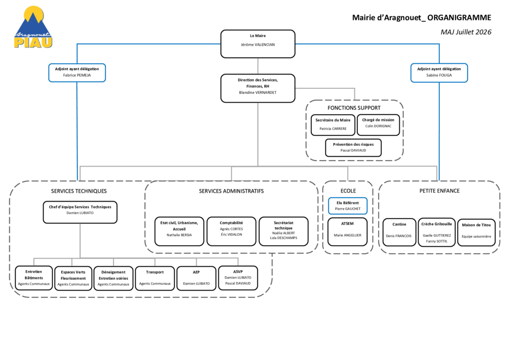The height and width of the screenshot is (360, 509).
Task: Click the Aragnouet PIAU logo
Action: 33,27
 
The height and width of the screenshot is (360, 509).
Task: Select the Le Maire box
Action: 258,44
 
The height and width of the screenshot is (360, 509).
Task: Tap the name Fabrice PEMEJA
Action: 77,75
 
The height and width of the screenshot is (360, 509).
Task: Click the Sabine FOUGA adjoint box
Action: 439,73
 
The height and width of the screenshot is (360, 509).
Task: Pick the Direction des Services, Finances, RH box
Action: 258,88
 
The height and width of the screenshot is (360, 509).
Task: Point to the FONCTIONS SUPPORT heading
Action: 354,108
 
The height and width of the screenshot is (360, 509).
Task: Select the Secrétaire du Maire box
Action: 333,125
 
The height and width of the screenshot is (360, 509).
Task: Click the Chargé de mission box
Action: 378,125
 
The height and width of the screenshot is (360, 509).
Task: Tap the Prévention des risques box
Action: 353,148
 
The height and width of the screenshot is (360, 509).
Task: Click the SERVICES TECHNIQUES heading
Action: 79,191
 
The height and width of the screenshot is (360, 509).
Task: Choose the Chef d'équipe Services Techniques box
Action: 80,212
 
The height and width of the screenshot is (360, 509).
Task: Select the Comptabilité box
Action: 231,231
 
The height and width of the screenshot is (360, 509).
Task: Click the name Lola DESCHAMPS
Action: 283,238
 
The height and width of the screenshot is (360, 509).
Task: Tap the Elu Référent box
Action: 348,206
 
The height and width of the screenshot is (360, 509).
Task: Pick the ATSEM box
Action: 347,232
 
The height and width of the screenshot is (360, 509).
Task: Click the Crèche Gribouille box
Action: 437,232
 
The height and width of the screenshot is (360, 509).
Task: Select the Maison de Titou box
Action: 476,233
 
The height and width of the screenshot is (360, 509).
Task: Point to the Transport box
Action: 155,278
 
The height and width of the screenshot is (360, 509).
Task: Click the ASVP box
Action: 238,278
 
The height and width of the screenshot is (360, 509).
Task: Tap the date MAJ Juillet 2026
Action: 466,32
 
